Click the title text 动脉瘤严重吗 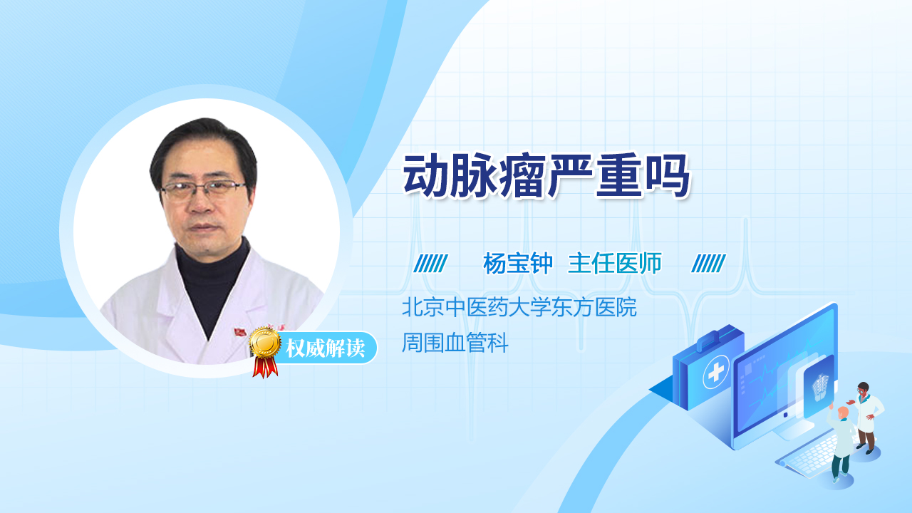click(546, 176)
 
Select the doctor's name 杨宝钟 click(518, 264)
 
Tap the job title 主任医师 click(614, 264)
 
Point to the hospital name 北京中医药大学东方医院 click(519, 307)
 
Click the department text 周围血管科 click(455, 343)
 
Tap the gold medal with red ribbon click(265, 352)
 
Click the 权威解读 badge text click(326, 348)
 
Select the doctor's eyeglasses click(203, 190)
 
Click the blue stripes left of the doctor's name click(430, 264)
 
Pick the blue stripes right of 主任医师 click(708, 264)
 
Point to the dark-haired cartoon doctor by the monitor click(866, 418)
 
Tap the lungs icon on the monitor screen click(819, 387)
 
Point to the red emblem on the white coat click(240, 332)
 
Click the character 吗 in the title click(666, 176)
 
